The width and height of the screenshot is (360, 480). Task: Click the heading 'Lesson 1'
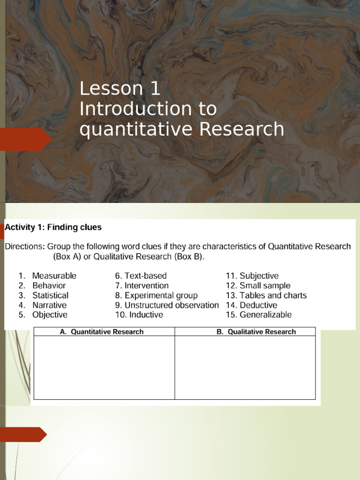(x=120, y=89)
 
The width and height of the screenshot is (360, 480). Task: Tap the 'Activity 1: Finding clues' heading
(x=53, y=227)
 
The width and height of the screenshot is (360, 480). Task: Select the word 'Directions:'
(x=25, y=247)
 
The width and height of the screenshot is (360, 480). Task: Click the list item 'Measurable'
(x=54, y=276)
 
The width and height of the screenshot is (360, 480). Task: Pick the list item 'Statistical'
(x=50, y=295)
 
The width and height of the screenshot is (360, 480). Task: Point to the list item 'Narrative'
(x=49, y=305)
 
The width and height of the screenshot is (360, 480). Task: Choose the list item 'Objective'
(x=50, y=315)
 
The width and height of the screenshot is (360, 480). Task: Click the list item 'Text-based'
(x=145, y=276)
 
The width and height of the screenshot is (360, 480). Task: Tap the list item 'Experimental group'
(x=161, y=295)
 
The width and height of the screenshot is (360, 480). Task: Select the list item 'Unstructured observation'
(x=172, y=305)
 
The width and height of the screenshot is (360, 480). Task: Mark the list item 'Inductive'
(x=146, y=315)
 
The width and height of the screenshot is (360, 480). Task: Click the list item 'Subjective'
(x=259, y=276)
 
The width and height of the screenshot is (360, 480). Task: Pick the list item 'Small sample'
(x=265, y=285)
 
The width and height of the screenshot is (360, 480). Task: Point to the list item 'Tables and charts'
(x=273, y=295)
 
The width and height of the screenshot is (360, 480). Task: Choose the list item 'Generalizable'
(x=265, y=315)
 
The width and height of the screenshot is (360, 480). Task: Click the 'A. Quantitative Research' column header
(x=102, y=332)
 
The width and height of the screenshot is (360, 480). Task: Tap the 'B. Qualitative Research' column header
(x=256, y=332)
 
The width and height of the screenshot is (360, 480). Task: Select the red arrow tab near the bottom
(x=22, y=435)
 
